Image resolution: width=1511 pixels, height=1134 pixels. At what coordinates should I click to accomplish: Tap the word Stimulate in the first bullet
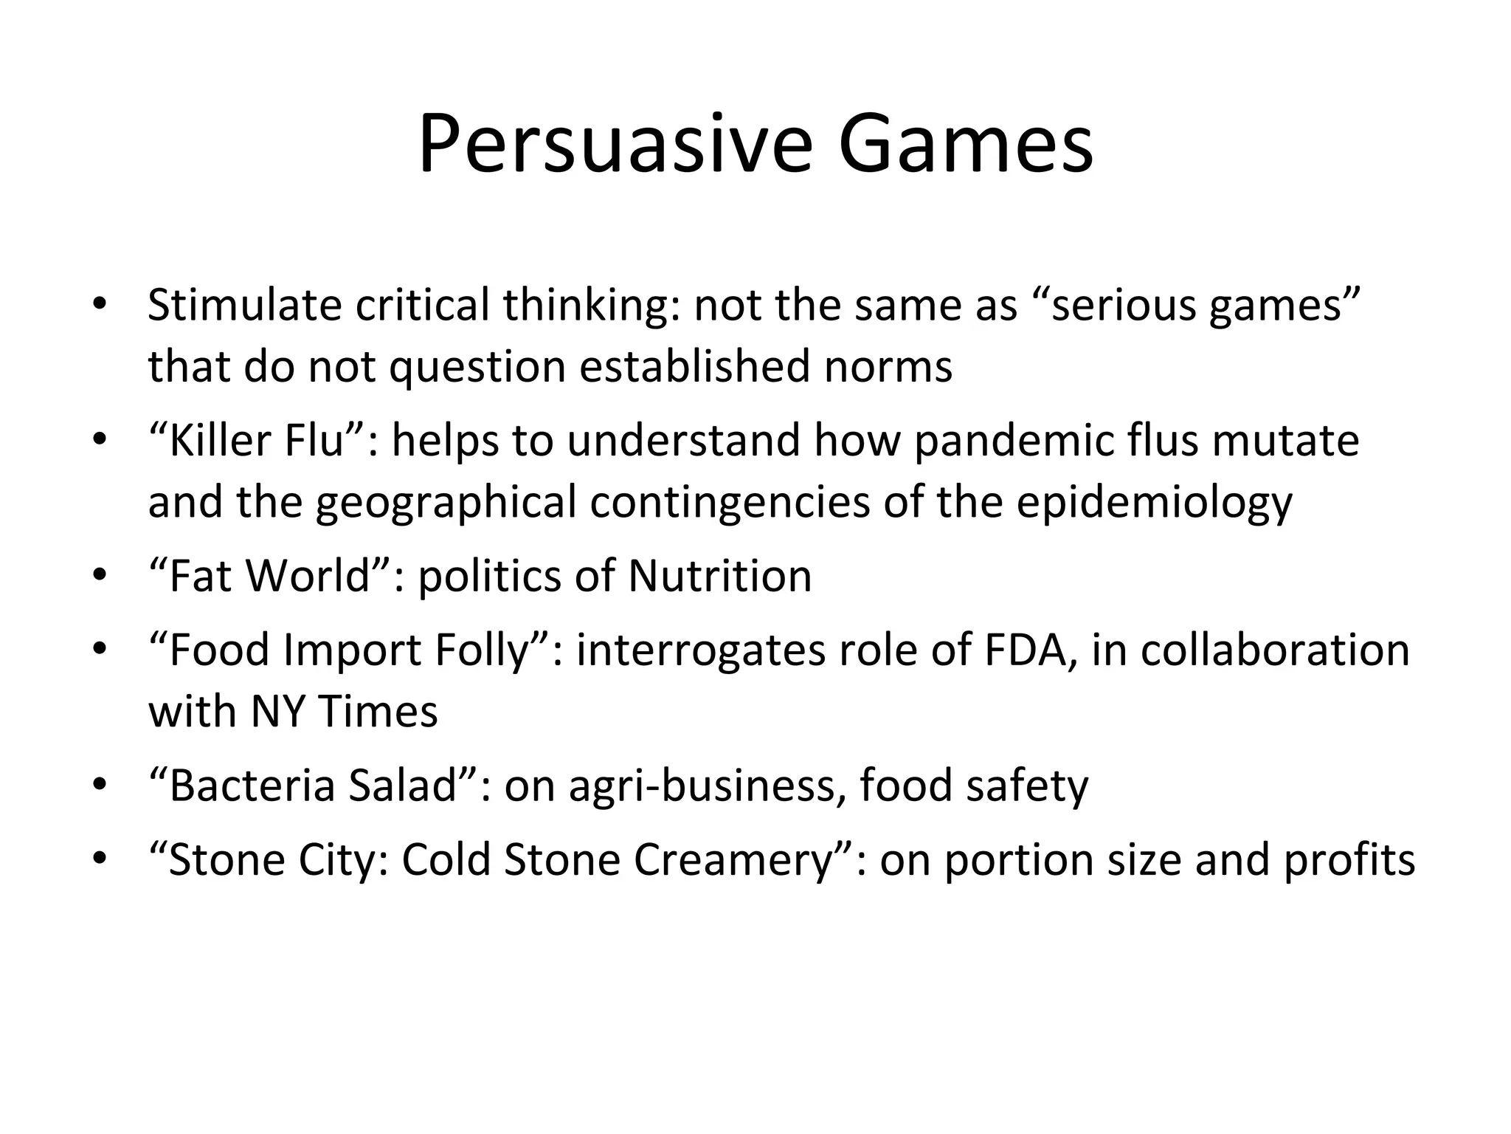pos(244,305)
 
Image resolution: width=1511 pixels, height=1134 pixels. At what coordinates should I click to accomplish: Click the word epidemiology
pos(1154,503)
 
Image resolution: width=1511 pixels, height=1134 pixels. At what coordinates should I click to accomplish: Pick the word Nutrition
pos(719,576)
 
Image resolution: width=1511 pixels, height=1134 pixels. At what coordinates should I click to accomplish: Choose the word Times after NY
pos(378,712)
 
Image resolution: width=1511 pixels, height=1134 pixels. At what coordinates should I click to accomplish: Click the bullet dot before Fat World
pos(100,576)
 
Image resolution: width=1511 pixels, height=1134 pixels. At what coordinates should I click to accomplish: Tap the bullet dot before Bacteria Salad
pos(100,786)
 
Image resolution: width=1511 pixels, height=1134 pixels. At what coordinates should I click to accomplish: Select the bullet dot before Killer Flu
pos(100,440)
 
